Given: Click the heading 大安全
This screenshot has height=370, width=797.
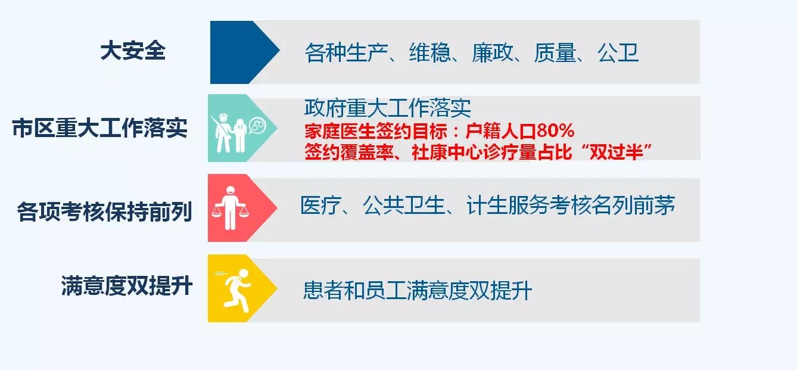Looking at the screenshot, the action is [133, 51].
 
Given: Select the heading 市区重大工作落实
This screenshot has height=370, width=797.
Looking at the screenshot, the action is [100, 128].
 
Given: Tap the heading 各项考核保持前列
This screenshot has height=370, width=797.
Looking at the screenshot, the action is [105, 212].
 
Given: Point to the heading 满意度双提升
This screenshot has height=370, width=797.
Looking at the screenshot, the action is [127, 285].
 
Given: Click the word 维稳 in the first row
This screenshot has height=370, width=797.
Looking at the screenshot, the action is [430, 52].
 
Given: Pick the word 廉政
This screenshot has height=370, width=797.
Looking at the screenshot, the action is [493, 52].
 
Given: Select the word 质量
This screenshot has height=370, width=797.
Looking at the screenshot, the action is [555, 52].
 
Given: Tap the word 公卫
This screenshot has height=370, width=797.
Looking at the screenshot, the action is [618, 52].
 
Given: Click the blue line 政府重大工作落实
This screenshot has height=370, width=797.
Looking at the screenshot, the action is [387, 107].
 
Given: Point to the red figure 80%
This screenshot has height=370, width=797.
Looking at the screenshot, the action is [556, 130].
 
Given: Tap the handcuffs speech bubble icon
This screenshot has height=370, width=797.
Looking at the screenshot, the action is [257, 126].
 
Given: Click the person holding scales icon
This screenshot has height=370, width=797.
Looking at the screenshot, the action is [230, 208].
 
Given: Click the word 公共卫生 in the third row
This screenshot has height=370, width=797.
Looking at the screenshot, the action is [404, 206].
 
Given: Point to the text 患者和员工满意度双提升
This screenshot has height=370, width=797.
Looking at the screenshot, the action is [418, 290].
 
